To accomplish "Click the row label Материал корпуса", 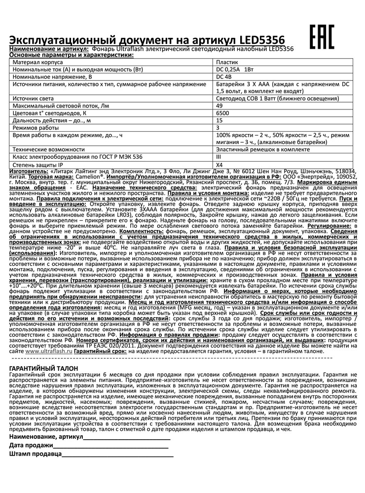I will pyautogui.click(x=37, y=63).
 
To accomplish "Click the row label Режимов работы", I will pyautogui.click(x=34, y=127).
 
